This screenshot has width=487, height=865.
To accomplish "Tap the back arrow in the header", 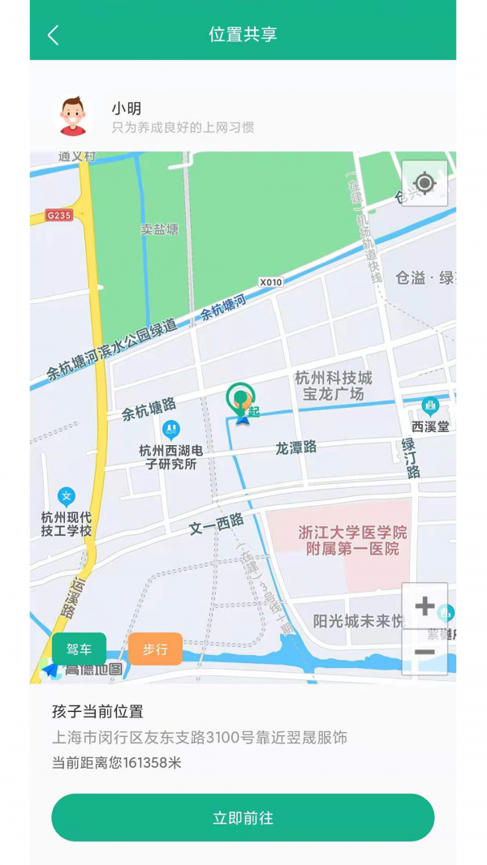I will tap(54, 35).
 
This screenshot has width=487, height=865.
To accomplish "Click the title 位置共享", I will tap(243, 34).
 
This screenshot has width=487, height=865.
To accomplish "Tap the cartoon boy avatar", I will tap(72, 116).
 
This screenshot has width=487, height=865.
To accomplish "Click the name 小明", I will tap(127, 108).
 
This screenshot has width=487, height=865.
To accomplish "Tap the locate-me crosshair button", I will tap(425, 183).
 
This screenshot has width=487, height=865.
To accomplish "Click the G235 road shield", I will tap(59, 215).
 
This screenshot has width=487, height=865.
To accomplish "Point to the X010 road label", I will tap(271, 282).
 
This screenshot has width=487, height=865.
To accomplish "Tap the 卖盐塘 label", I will tap(159, 229).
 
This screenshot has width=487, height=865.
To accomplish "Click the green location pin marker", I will tap(240, 399).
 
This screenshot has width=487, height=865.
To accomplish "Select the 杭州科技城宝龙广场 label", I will tap(333, 386).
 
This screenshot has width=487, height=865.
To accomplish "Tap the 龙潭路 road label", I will tap(295, 447).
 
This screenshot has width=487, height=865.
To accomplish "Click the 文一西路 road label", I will tap(216, 524).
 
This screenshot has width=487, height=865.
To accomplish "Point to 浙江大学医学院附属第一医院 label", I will tap(352, 541).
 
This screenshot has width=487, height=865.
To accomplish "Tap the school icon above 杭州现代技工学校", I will tap(67, 496).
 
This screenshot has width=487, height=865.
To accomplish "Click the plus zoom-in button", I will tap(425, 606).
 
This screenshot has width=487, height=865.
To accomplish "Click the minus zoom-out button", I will tap(425, 653).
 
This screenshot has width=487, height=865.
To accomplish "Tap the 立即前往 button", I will tap(243, 818).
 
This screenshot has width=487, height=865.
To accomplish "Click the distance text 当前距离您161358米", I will tap(117, 763).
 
